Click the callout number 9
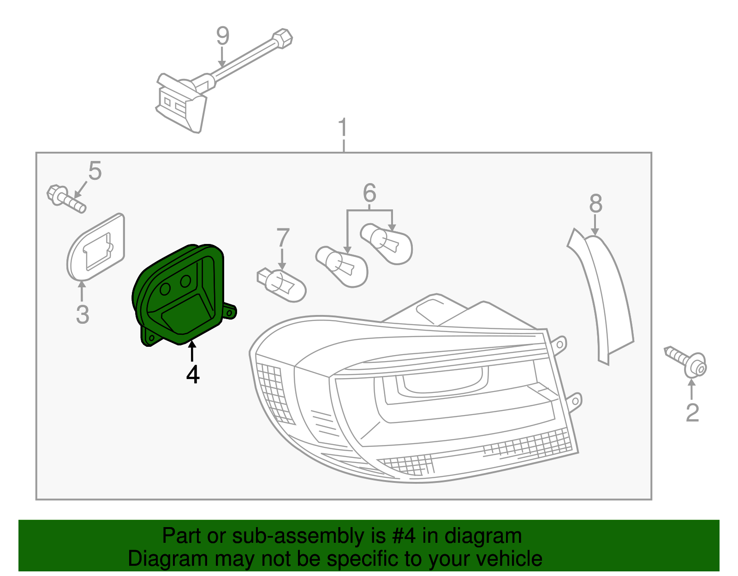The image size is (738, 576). click(x=223, y=36)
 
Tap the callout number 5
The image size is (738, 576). click(x=95, y=171)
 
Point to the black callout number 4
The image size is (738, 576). click(x=193, y=374)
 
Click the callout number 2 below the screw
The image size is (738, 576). click(x=692, y=413)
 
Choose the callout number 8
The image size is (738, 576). click(x=595, y=203)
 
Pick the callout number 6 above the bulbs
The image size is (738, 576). click(x=369, y=193)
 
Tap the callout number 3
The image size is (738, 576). click(x=82, y=315)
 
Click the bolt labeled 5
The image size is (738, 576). click(x=66, y=199)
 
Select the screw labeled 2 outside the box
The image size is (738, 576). click(x=687, y=362)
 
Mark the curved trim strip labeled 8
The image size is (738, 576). click(x=604, y=295)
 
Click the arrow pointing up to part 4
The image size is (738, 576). click(x=192, y=351)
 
